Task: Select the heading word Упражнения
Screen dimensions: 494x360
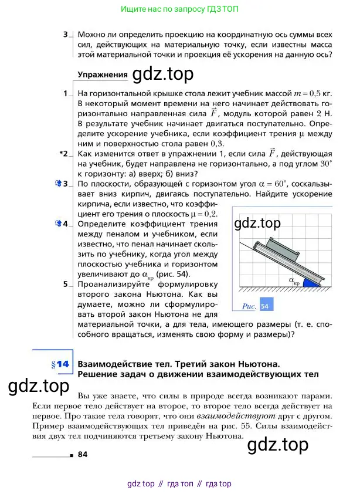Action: click(x=103, y=75)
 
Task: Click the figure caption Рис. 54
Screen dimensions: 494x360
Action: click(x=256, y=306)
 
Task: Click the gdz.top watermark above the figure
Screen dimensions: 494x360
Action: click(x=257, y=223)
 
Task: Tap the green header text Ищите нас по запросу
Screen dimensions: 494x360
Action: click(x=157, y=10)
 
